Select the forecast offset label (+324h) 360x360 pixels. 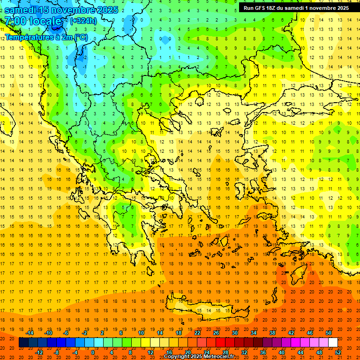(83, 21)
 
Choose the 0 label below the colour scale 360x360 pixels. (92, 352)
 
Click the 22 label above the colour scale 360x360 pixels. (197, 333)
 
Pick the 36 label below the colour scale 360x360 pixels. (263, 352)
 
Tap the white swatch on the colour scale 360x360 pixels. (333, 343)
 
